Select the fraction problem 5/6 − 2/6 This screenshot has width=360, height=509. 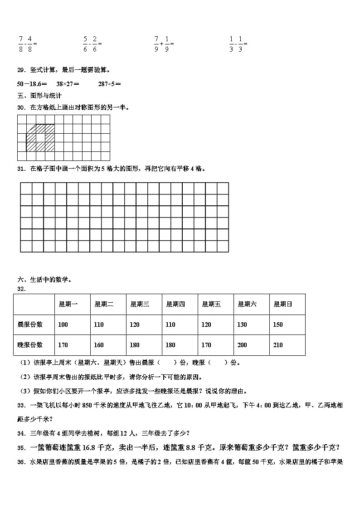(x=92, y=44)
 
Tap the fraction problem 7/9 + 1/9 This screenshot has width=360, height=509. (x=164, y=44)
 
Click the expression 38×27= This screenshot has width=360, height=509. (x=68, y=84)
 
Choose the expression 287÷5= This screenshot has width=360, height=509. (x=109, y=84)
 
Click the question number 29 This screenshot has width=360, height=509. (x=21, y=70)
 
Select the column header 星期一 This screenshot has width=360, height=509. (x=68, y=304)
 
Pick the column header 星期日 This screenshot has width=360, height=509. (x=282, y=304)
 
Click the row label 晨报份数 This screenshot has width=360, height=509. (x=30, y=325)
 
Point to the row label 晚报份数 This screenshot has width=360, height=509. (x=30, y=345)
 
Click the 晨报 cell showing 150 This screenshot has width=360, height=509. (x=278, y=325)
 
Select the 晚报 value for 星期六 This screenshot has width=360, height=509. (x=242, y=345)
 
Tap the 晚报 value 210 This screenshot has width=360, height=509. (x=278, y=345)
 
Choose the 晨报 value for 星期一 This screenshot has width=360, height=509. (x=63, y=325)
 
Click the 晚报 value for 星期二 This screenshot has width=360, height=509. (x=99, y=345)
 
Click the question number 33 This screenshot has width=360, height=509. (x=21, y=405)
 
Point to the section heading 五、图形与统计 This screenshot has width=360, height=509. (x=39, y=96)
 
